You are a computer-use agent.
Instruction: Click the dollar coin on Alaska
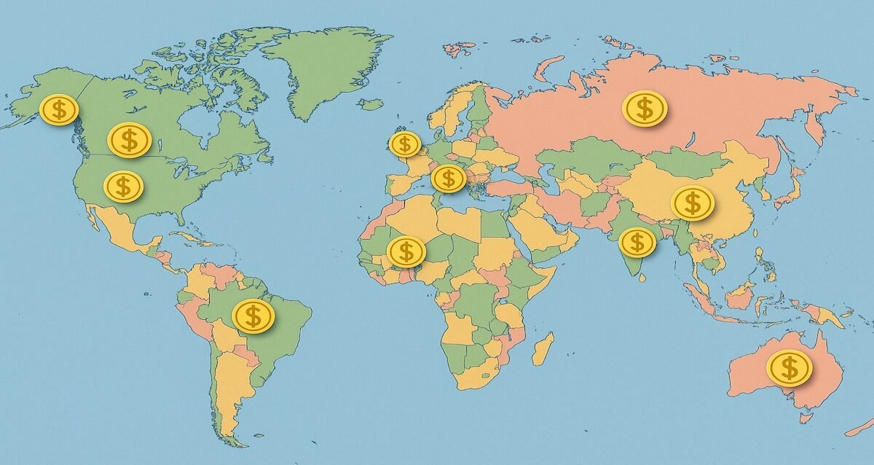pos(59,110)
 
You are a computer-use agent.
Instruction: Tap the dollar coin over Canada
pos(129,139)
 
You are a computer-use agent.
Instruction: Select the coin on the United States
pos(122,187)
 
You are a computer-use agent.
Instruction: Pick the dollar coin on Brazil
pos(253,316)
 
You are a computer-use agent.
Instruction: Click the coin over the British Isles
pos(405,144)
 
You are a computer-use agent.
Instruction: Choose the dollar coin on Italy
pos(448,178)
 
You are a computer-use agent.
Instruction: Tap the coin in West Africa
pos(406,252)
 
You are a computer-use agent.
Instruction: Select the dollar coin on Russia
pos(645,109)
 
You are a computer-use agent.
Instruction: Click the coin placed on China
pos(692,203)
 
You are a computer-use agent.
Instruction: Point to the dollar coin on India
pos(637,242)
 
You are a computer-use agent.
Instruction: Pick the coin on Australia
pos(789,367)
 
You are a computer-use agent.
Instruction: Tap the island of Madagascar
pos(543,349)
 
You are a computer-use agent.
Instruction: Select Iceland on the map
pos(371,105)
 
